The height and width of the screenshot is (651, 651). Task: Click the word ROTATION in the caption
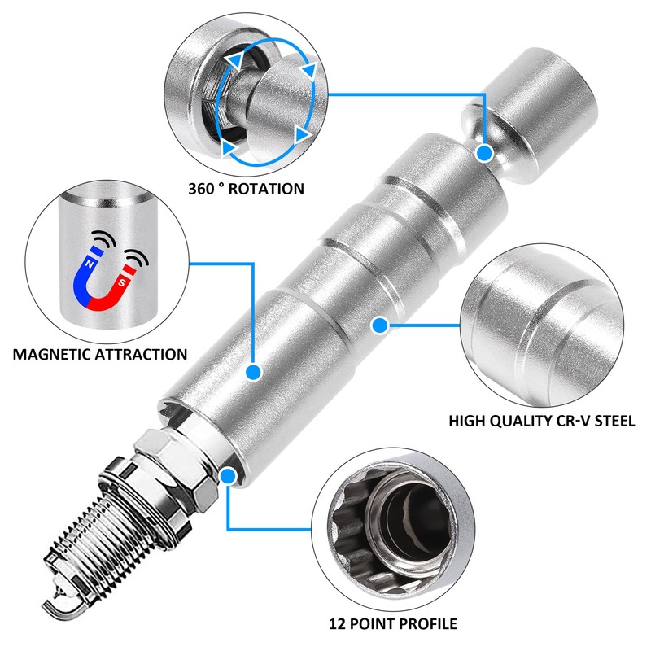pos(266,189)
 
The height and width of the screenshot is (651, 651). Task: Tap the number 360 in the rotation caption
pos(201,189)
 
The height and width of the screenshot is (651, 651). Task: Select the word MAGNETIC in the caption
pos(52,354)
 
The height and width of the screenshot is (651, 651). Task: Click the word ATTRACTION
pos(141,354)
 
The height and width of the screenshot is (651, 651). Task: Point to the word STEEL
pos(615,421)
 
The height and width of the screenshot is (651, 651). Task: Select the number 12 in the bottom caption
pos(337,623)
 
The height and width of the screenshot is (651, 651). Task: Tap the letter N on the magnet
pos(89,264)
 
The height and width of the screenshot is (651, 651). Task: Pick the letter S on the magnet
pos(121,283)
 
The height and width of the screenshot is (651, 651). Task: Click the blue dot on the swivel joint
pos(484,154)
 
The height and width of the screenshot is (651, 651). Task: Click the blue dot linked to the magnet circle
pos(253,372)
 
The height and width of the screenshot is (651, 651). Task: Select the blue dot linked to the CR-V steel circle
pos(380,325)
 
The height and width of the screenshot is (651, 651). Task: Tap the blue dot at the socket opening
pos(228,476)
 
